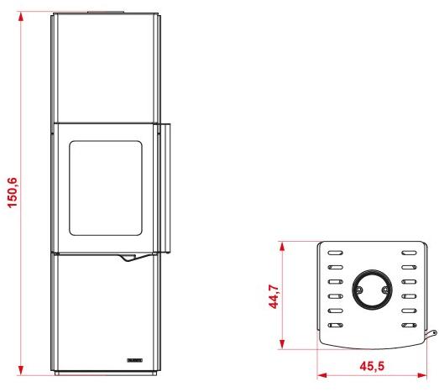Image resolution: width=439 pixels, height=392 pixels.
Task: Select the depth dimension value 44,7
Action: [x=273, y=295]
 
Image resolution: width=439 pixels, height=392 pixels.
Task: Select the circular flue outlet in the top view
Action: [x=370, y=289]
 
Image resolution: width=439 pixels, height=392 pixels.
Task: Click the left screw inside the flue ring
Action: [x=358, y=290]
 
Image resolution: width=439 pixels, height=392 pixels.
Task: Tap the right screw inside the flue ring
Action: [x=384, y=290]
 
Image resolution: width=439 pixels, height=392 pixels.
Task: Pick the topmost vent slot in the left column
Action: [x=335, y=252]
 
